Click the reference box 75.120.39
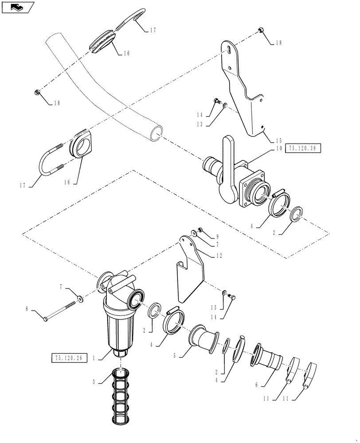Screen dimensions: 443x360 303,148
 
